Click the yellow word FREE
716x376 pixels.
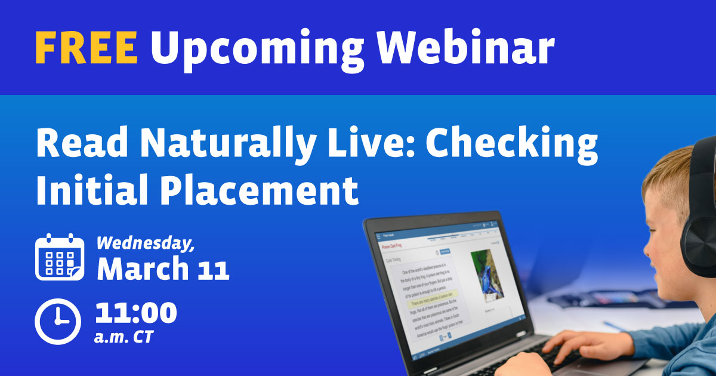(x=86, y=47)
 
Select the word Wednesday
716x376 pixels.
(x=146, y=244)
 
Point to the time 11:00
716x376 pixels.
(x=136, y=313)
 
